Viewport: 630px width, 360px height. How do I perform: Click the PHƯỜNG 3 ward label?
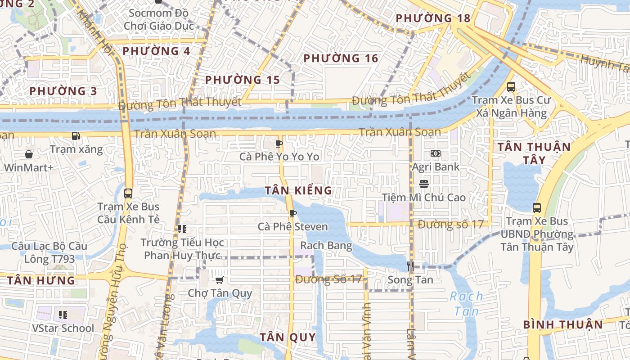click(x=63, y=91)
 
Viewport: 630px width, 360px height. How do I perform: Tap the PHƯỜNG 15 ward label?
click(x=243, y=80)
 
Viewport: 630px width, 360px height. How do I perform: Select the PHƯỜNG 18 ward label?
click(x=433, y=18)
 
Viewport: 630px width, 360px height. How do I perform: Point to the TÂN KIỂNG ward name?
click(x=298, y=190)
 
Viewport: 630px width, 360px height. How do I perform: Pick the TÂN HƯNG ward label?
click(x=41, y=281)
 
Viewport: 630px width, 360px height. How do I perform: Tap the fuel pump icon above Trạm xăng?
click(x=76, y=135)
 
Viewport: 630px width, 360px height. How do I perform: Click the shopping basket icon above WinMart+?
click(x=29, y=154)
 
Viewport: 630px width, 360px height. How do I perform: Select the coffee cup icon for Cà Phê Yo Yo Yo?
click(x=279, y=144)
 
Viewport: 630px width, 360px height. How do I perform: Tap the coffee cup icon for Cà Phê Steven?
click(x=292, y=213)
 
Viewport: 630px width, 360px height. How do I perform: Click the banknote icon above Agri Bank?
click(x=435, y=153)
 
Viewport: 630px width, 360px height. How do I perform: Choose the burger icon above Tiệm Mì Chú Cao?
click(x=423, y=184)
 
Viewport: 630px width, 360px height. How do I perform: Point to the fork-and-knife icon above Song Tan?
click(x=410, y=266)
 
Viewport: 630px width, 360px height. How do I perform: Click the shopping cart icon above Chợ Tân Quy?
click(x=220, y=280)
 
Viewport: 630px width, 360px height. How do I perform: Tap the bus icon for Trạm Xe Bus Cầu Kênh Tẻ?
click(x=128, y=193)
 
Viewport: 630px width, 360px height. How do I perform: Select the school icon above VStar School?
click(x=63, y=315)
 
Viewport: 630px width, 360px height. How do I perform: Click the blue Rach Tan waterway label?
click(x=467, y=303)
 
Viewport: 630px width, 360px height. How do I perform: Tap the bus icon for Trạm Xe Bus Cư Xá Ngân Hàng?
click(x=511, y=87)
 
